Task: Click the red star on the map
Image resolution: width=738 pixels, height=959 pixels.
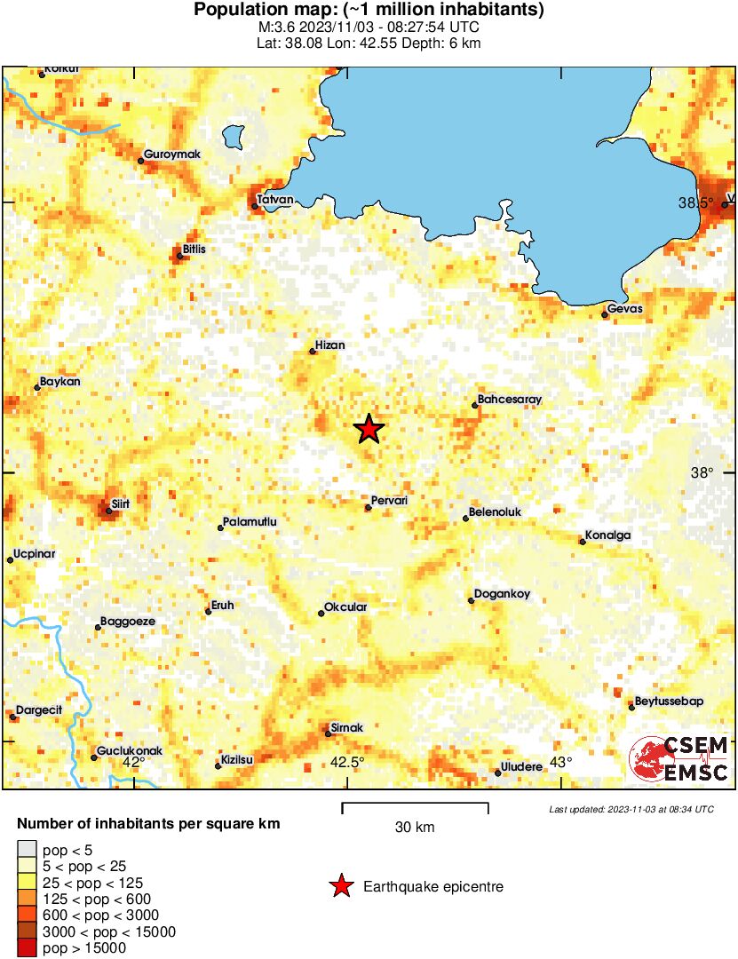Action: [369, 429]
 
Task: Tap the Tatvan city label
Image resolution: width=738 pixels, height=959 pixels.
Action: [274, 199]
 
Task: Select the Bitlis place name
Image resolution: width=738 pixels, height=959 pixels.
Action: [194, 250]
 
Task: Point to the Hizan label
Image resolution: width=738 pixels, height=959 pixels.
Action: [330, 345]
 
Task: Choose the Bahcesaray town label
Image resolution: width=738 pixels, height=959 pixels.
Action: [509, 400]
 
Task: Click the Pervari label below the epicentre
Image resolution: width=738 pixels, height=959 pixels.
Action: [390, 501]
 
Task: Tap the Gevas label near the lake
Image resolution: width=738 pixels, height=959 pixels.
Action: [624, 309]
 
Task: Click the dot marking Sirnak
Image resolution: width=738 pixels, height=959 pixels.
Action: [328, 733]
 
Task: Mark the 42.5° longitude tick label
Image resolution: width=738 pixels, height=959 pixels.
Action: [347, 762]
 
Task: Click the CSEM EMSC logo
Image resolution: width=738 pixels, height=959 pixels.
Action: [679, 759]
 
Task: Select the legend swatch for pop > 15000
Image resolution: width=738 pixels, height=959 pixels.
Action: [28, 948]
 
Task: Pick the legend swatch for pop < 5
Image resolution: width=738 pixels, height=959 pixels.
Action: [28, 850]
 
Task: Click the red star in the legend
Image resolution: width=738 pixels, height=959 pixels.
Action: [339, 886]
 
